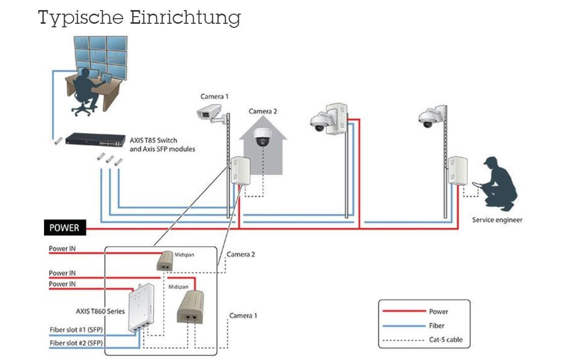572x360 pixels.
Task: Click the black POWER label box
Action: click(x=64, y=228)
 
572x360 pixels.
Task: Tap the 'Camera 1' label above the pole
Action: click(x=214, y=96)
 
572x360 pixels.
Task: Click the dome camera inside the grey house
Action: click(x=263, y=137)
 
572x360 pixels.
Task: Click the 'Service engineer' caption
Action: click(x=497, y=220)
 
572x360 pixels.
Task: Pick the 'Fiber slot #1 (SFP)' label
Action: click(x=76, y=329)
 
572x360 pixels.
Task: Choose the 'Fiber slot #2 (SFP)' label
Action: click(x=76, y=343)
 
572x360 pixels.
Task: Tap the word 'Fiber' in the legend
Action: click(x=436, y=326)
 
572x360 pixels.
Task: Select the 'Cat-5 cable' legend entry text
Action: click(x=446, y=340)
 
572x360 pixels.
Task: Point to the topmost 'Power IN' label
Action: click(x=62, y=249)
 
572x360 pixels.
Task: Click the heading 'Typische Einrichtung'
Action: click(x=139, y=18)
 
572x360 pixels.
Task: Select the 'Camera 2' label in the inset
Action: click(x=241, y=254)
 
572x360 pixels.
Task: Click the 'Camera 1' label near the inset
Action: click(x=243, y=316)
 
